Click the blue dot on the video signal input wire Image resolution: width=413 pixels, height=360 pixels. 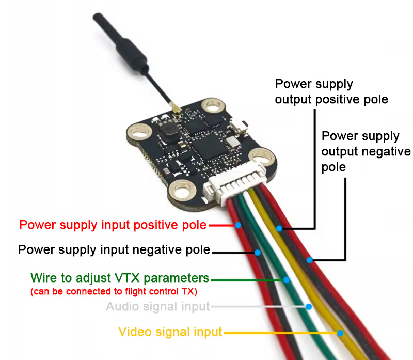(340, 333)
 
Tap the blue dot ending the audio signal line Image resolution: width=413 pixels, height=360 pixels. (308, 307)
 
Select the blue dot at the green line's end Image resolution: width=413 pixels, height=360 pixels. (286, 279)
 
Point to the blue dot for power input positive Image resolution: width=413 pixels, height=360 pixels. (238, 225)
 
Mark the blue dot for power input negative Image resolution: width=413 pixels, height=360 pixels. (257, 252)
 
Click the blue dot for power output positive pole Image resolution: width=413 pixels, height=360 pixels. (279, 228)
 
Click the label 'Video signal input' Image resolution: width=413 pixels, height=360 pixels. (170, 332)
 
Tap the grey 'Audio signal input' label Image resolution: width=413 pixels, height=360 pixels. (158, 307)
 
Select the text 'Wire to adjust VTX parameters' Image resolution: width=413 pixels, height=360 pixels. (120, 278)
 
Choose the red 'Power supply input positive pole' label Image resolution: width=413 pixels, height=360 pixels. (113, 225)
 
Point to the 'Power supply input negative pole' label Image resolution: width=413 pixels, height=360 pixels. (114, 250)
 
